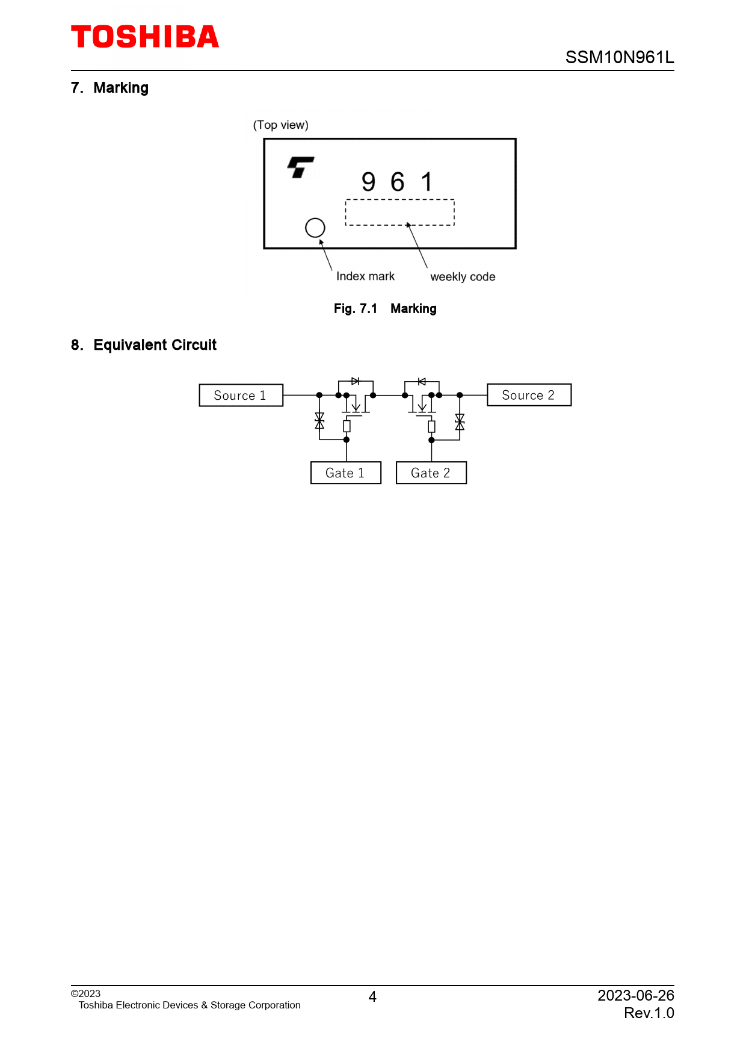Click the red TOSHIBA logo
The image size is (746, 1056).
(x=145, y=37)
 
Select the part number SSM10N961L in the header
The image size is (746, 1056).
(x=619, y=57)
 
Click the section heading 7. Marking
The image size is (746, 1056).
(x=109, y=88)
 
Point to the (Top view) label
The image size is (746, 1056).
(x=280, y=125)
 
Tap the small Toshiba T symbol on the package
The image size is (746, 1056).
(x=300, y=167)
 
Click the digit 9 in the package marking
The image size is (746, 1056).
(x=368, y=182)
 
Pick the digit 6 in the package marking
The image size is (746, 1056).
(x=397, y=182)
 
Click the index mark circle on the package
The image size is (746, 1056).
(x=315, y=228)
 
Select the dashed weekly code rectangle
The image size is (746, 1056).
(x=399, y=213)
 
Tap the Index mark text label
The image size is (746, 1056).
(x=365, y=276)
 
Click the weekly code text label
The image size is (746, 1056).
(x=463, y=277)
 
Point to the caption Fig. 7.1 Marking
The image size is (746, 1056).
(x=385, y=309)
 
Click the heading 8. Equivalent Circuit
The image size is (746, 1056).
(x=144, y=345)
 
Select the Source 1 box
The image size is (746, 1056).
(x=241, y=396)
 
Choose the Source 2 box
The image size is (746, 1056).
(x=529, y=395)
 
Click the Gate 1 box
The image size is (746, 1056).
(x=345, y=473)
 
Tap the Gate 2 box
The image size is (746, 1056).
(x=431, y=473)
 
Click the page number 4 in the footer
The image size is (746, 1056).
(x=372, y=997)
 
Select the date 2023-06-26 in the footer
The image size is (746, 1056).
(x=635, y=995)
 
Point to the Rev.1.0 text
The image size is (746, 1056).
(x=649, y=1013)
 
